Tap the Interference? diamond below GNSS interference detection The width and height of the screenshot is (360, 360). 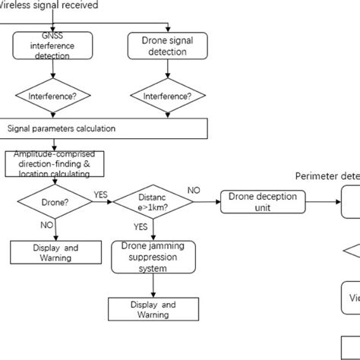(x=52, y=96)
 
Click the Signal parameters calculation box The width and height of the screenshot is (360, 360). (x=104, y=128)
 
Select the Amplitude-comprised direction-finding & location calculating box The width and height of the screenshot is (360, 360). (x=54, y=163)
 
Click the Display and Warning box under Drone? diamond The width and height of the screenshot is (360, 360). (x=52, y=252)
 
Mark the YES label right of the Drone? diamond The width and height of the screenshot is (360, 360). (x=100, y=194)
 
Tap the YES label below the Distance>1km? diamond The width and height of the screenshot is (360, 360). (x=141, y=226)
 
